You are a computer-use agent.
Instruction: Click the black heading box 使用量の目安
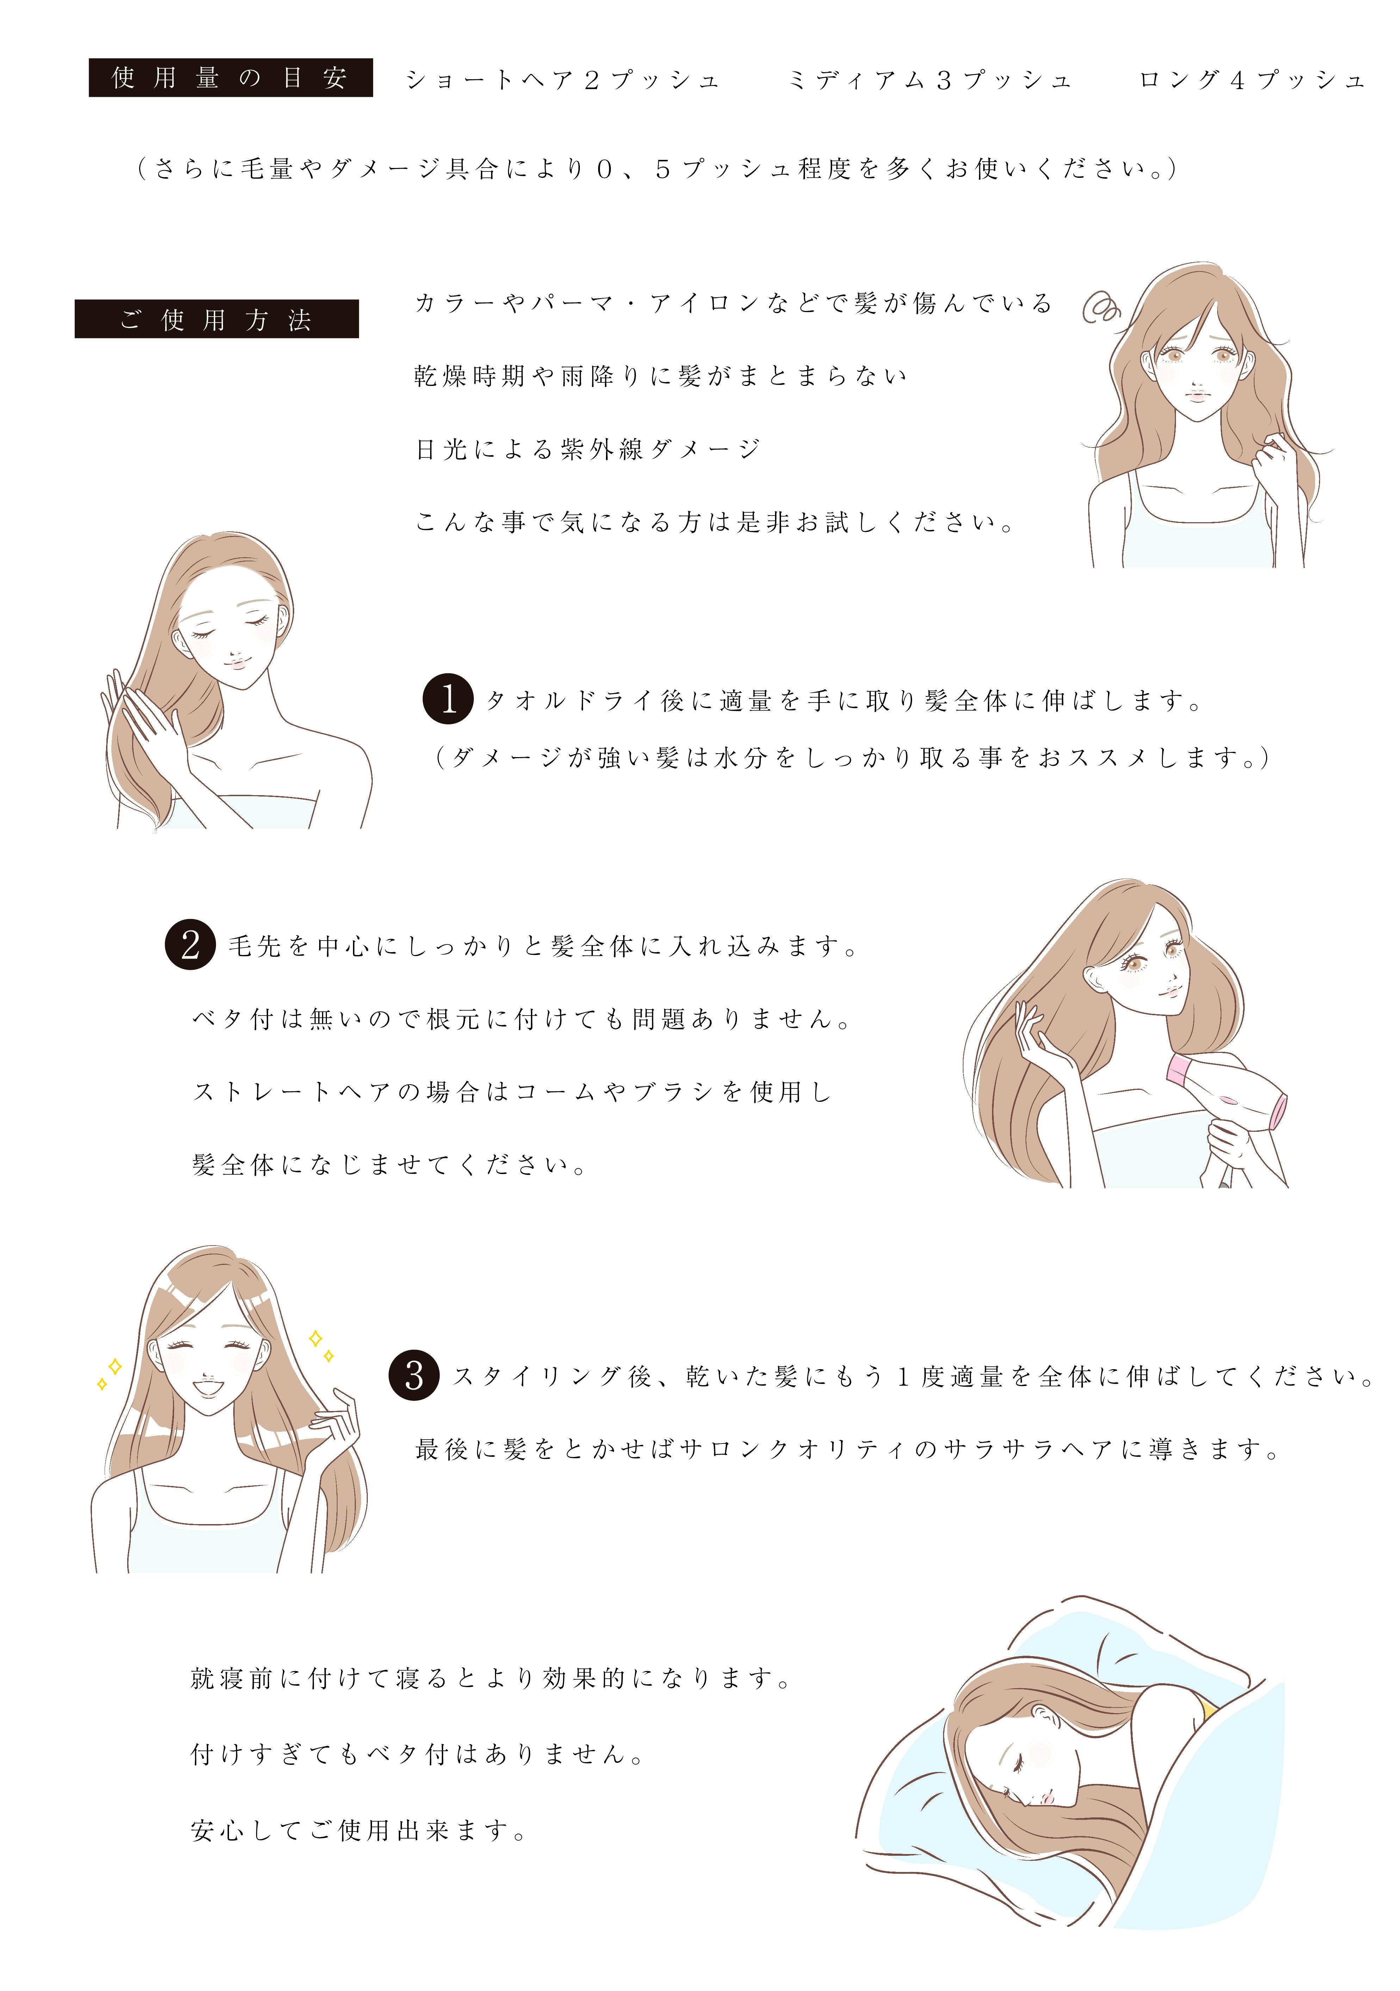point(231,78)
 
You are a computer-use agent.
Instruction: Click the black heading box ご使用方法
point(217,319)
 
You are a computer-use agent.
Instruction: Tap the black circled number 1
point(447,699)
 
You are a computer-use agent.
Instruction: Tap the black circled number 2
point(190,944)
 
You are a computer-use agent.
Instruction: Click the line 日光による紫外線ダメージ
point(588,449)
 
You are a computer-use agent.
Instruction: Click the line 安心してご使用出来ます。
point(359,1830)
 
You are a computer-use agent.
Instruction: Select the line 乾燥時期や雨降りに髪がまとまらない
point(661,376)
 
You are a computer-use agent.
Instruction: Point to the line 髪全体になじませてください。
point(390,1165)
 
